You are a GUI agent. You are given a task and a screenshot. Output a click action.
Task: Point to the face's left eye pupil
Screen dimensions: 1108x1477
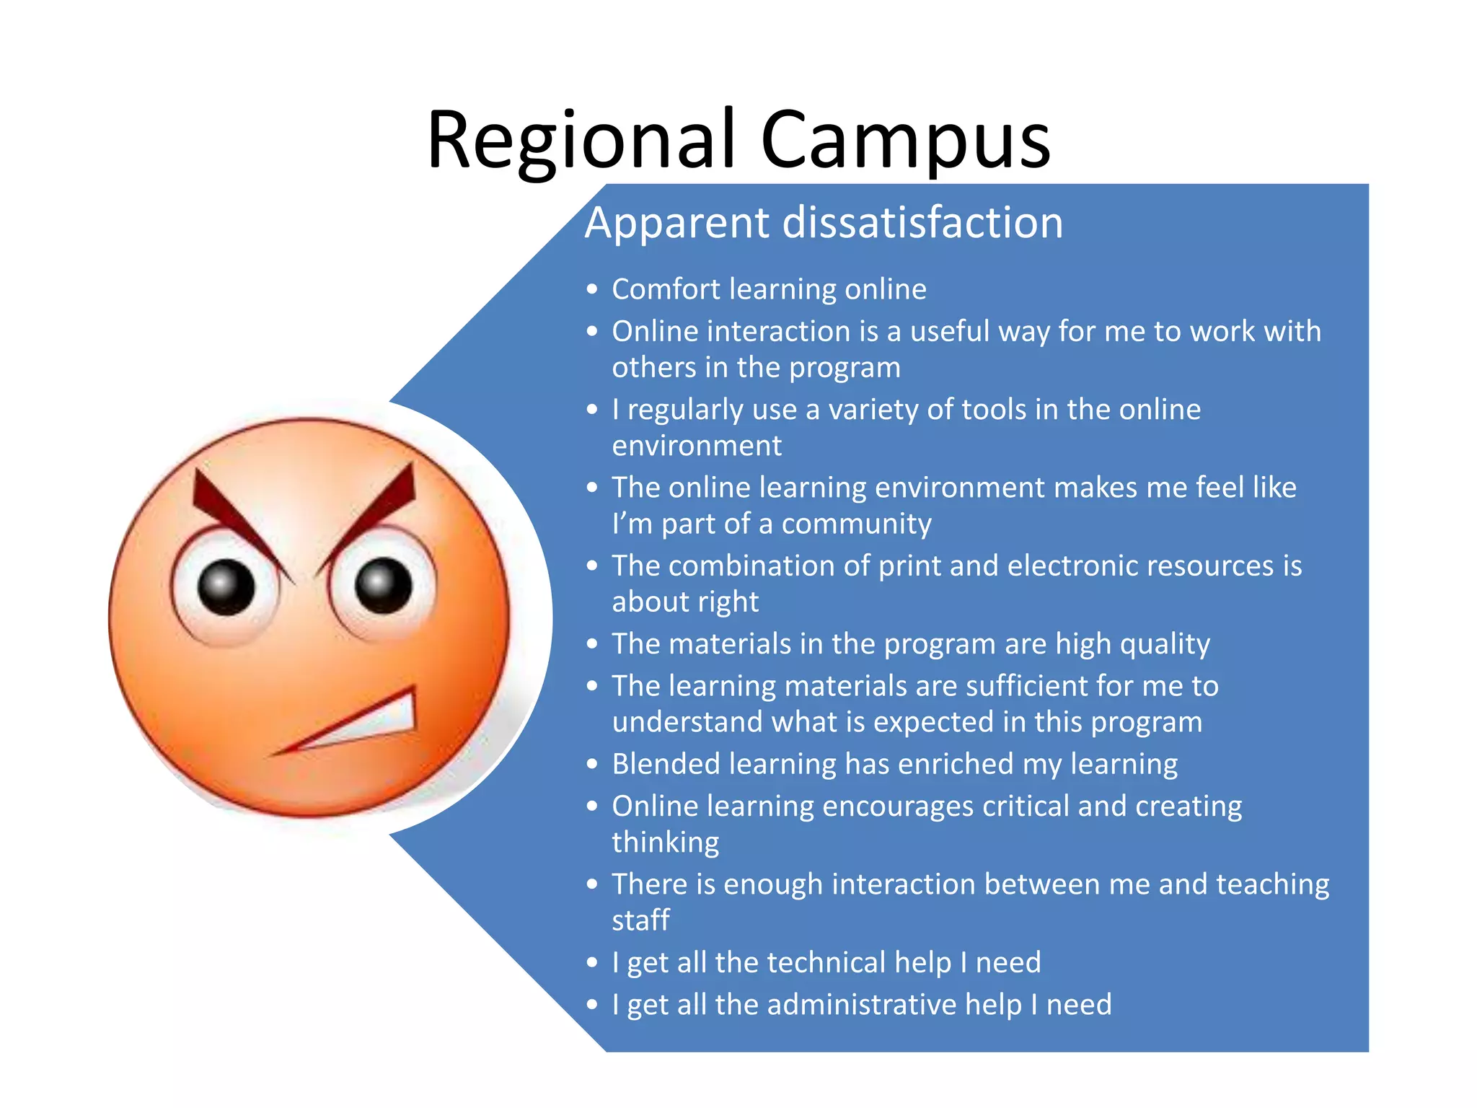226,586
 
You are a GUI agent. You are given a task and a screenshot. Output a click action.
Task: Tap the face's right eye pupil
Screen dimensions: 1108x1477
384,585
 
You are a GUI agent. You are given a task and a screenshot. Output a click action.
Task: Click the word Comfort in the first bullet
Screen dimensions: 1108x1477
666,289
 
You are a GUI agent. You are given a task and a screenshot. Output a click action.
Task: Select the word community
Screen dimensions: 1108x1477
856,524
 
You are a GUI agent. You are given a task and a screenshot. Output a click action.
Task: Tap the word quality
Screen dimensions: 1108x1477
1168,644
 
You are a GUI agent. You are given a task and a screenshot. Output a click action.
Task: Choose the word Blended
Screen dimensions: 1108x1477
665,764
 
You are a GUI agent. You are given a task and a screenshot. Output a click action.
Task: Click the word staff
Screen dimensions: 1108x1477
640,920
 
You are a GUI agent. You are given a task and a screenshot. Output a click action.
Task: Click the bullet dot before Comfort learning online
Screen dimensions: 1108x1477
592,290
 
